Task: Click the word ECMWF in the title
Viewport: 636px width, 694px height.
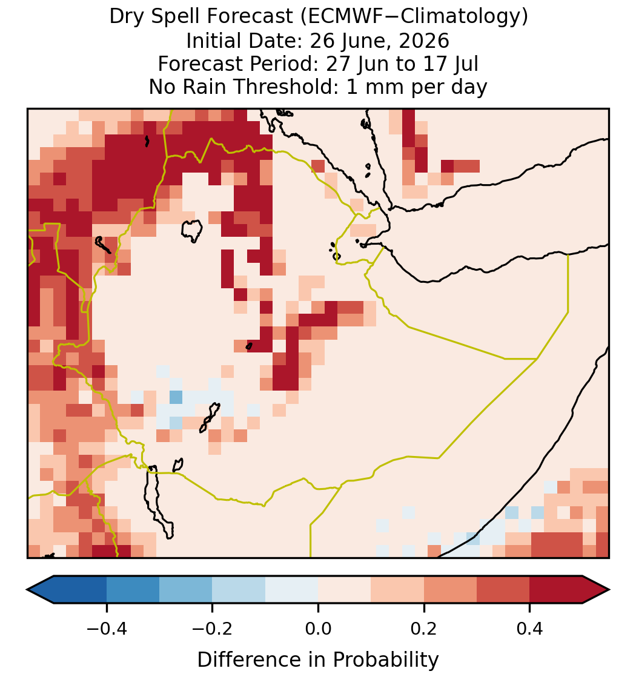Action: click(339, 17)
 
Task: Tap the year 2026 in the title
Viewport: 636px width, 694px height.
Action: click(424, 41)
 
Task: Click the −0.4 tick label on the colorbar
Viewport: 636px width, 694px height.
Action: click(107, 629)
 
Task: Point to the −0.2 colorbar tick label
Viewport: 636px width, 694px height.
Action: click(213, 629)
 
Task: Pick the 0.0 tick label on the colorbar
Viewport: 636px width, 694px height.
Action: click(318, 629)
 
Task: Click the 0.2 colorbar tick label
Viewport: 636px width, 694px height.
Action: click(424, 629)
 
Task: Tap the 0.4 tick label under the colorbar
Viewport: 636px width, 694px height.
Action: click(530, 629)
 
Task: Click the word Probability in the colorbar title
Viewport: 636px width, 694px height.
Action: click(385, 660)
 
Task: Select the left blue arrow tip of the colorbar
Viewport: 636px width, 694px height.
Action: click(27, 590)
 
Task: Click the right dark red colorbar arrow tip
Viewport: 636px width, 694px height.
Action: click(609, 590)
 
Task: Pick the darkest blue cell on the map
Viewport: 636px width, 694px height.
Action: click(176, 397)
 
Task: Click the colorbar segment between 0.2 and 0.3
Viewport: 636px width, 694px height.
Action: click(450, 590)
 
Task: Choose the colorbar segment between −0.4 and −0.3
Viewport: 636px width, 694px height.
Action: click(133, 590)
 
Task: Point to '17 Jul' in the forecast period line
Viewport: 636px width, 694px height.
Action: click(451, 64)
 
